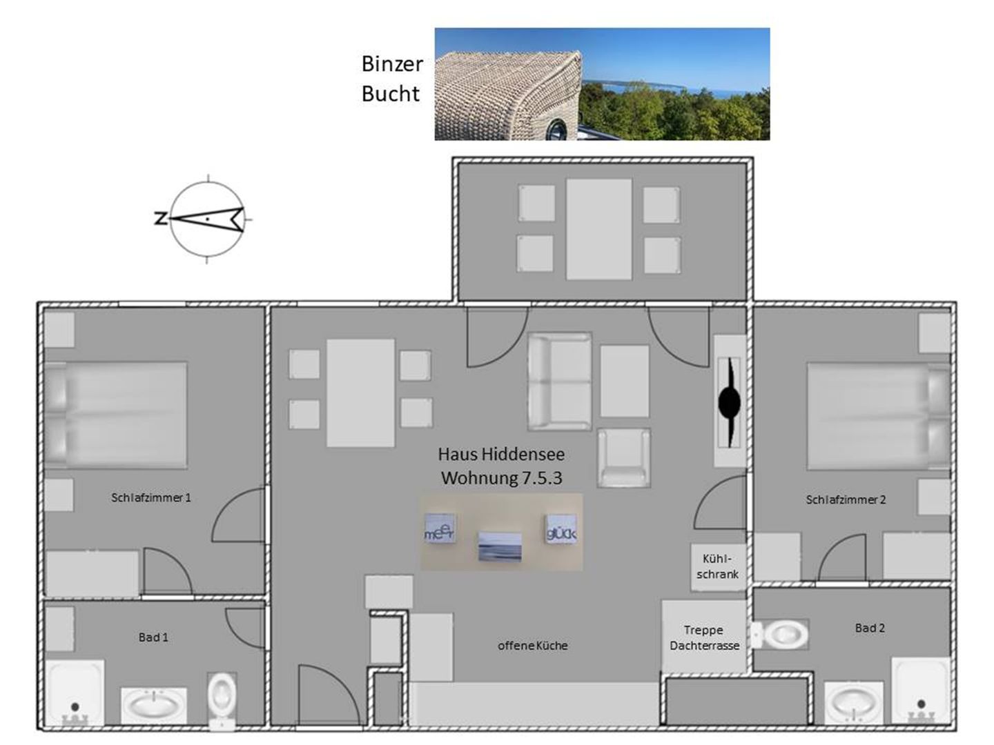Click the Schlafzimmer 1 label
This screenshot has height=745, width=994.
(x=150, y=497)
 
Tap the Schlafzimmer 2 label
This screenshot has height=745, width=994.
(x=845, y=499)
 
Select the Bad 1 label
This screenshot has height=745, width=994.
(x=153, y=637)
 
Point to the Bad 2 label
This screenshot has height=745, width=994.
(x=870, y=628)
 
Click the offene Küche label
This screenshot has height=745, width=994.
(x=532, y=645)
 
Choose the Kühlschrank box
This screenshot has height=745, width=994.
(x=718, y=567)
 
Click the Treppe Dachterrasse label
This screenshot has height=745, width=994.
(x=704, y=637)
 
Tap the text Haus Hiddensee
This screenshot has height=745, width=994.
(x=501, y=454)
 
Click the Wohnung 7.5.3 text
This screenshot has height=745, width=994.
(x=502, y=478)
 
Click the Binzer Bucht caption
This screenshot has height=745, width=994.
(x=392, y=79)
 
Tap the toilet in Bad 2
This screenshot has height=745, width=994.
(x=779, y=635)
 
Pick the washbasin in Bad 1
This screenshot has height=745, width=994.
(x=153, y=706)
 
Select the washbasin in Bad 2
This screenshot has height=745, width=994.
(x=853, y=703)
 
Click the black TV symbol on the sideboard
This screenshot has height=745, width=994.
(x=730, y=402)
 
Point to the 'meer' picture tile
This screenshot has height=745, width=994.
(x=439, y=529)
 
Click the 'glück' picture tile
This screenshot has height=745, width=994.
(x=561, y=528)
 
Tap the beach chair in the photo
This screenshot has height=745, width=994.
(x=508, y=96)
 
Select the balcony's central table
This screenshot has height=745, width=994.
(x=598, y=229)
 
